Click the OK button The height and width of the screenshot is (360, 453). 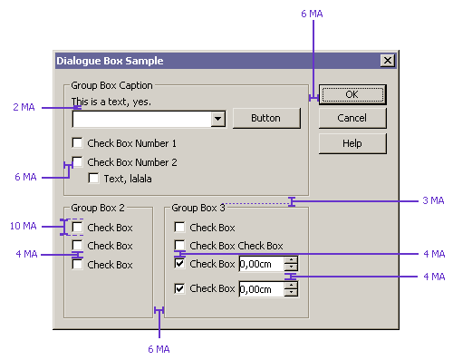(x=352, y=94)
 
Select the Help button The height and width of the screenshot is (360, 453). (x=352, y=143)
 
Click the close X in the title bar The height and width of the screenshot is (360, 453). (x=388, y=61)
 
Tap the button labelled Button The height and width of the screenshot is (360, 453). (x=266, y=118)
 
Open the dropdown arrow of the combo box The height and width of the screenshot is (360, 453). (x=217, y=119)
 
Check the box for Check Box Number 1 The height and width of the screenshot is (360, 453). (x=78, y=143)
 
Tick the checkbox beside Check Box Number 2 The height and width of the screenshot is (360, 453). (x=78, y=161)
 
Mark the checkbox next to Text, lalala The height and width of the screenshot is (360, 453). (x=93, y=178)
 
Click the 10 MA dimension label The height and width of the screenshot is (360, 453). (x=24, y=226)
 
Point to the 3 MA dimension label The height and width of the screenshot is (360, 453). (x=433, y=200)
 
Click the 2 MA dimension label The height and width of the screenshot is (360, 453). (x=24, y=107)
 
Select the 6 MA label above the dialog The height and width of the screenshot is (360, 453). (x=312, y=14)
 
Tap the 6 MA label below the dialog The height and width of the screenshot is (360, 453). (x=159, y=349)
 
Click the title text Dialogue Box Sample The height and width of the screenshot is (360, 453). (x=110, y=61)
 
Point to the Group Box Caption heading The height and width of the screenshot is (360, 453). (x=111, y=85)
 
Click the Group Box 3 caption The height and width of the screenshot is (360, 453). (x=198, y=208)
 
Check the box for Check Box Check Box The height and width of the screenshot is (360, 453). (x=180, y=246)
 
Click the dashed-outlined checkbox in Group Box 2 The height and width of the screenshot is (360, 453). (x=78, y=227)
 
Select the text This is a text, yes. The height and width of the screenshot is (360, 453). (x=111, y=102)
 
